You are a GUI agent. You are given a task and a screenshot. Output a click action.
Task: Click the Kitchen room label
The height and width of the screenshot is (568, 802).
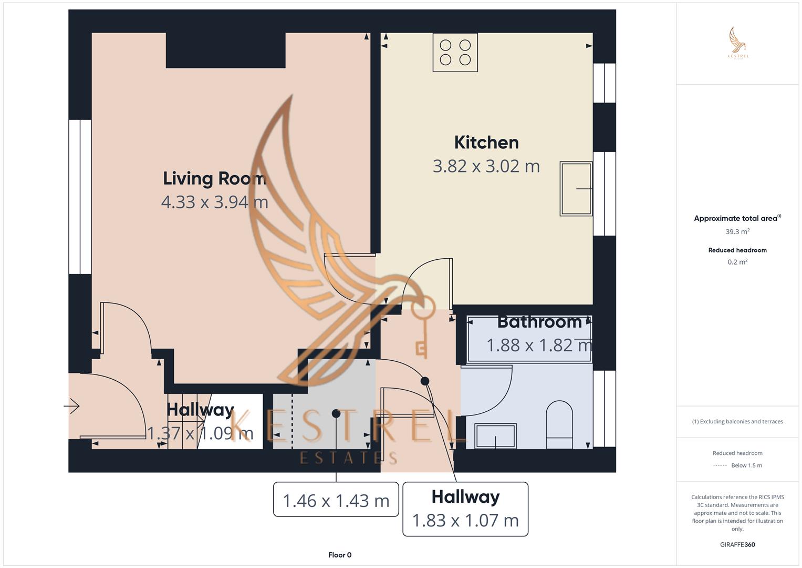point(486,143)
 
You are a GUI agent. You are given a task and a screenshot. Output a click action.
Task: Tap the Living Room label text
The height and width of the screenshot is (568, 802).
point(214,178)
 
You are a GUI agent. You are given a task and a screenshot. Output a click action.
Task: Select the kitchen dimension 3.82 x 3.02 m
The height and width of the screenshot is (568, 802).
point(486,166)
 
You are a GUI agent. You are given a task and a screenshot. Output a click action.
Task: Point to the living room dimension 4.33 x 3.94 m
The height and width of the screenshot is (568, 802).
point(214,202)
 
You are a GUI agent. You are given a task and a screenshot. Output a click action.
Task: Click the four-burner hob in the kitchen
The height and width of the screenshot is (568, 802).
point(455,53)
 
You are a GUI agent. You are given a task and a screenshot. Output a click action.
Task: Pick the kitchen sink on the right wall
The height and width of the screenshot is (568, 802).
point(576,188)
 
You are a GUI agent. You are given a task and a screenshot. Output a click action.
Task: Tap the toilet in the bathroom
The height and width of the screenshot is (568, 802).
point(559,425)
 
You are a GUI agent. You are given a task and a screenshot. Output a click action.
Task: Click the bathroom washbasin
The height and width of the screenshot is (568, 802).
point(495,435)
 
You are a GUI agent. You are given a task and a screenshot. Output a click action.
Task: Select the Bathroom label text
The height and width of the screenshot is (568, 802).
point(539,321)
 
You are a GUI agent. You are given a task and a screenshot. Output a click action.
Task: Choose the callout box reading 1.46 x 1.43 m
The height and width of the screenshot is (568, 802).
point(336,500)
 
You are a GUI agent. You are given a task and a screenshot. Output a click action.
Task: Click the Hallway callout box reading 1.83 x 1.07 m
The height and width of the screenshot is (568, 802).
point(465,509)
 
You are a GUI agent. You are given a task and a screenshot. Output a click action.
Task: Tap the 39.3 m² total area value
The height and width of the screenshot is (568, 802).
point(737,231)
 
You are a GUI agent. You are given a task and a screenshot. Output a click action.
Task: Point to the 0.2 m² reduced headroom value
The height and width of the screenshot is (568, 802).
point(737,262)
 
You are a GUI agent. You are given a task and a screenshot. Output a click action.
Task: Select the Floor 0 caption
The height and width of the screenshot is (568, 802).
point(340,555)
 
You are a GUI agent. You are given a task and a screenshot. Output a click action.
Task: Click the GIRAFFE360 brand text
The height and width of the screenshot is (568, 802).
point(737,544)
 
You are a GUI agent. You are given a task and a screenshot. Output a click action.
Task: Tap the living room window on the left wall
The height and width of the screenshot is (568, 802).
point(80,197)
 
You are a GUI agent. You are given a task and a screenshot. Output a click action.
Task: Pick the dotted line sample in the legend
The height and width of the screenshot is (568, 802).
point(720,465)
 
